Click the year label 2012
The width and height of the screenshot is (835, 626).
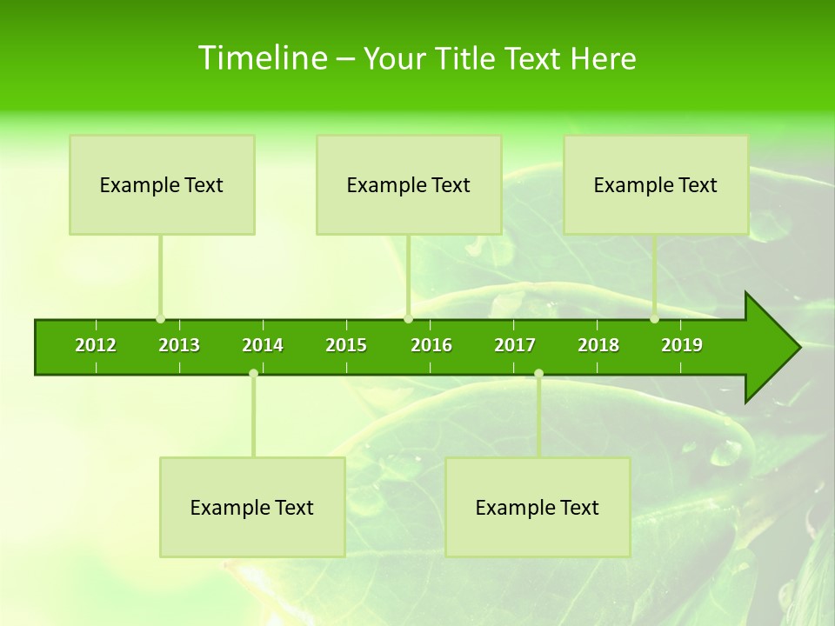click(96, 345)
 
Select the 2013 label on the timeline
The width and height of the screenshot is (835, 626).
click(179, 345)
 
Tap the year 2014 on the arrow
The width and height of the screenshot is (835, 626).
click(263, 345)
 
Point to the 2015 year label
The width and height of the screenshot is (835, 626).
click(346, 345)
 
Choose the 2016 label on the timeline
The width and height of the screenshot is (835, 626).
click(431, 345)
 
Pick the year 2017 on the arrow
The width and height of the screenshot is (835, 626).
click(515, 345)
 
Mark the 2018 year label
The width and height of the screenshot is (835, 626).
click(598, 345)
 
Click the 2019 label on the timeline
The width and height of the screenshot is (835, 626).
click(682, 345)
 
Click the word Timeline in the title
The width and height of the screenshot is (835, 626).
click(261, 58)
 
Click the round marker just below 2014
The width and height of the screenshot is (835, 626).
click(253, 373)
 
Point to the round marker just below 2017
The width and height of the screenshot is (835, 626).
click(538, 373)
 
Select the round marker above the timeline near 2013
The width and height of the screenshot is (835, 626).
click(160, 319)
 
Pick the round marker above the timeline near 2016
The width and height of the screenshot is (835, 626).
click(408, 319)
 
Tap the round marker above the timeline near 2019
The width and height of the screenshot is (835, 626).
click(654, 319)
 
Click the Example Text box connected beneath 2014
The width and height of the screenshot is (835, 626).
click(252, 507)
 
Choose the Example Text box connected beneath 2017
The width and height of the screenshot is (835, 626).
click(538, 507)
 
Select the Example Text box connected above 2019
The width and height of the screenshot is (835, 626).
click(656, 184)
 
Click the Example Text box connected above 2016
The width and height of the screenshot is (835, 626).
click(409, 184)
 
